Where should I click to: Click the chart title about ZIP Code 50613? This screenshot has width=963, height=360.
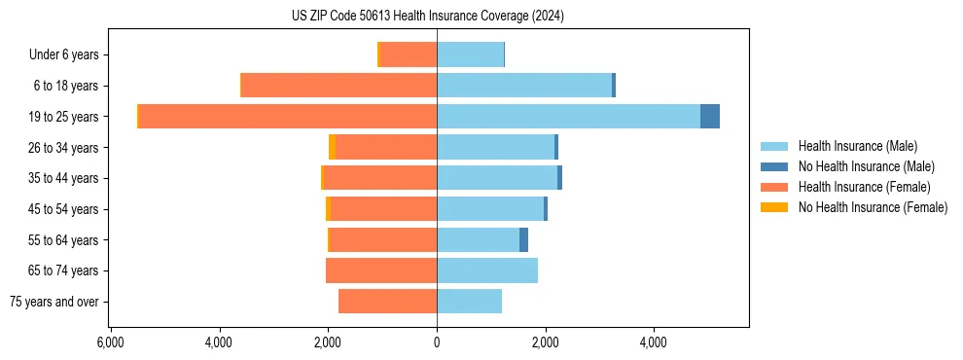[427, 17]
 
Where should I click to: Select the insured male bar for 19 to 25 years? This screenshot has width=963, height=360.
[568, 117]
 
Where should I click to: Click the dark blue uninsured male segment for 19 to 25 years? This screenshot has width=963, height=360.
[710, 117]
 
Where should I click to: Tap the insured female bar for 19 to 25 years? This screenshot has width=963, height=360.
[288, 117]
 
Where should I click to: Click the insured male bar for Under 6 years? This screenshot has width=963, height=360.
[470, 54]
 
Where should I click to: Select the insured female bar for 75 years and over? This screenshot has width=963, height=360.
[387, 302]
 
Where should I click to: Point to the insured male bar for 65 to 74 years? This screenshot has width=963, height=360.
[487, 270]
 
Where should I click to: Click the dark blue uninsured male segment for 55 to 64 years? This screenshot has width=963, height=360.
[523, 239]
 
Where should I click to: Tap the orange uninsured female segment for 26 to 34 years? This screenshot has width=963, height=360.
[333, 147]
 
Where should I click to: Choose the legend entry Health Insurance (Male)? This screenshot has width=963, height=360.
[857, 146]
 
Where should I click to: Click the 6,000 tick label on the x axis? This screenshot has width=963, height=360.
[110, 342]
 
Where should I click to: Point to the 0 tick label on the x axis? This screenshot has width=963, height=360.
[437, 342]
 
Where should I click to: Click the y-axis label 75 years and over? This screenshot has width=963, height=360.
[54, 302]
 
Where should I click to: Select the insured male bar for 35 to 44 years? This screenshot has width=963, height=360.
[497, 178]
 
